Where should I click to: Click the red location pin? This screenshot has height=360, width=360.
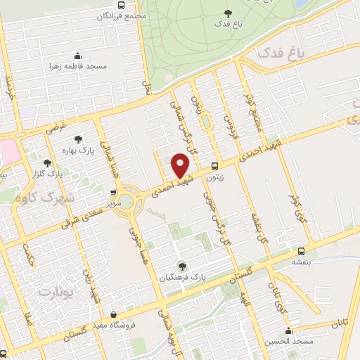[x=181, y=165]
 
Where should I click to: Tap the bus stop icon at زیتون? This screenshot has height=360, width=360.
[x=214, y=167]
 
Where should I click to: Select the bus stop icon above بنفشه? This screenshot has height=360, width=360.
[x=302, y=250]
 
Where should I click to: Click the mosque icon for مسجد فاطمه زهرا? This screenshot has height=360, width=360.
[x=77, y=56]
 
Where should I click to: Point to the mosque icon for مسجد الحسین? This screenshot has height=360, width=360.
[x=288, y=331]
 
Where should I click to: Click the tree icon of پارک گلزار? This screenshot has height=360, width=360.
[x=47, y=163]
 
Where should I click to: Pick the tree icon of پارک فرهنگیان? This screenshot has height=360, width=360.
[x=183, y=265]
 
